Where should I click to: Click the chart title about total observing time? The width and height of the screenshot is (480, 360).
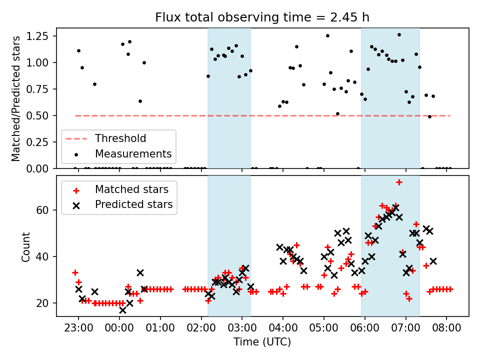click(x=262, y=18)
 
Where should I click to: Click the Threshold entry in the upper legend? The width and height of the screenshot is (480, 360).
click(x=120, y=138)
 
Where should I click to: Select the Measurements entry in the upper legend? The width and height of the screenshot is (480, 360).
click(x=133, y=153)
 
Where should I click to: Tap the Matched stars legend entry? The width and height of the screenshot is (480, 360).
click(x=131, y=189)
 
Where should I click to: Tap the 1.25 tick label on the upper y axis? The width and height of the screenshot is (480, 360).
click(x=41, y=36)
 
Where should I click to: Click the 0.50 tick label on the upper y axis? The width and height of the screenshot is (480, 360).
click(x=41, y=115)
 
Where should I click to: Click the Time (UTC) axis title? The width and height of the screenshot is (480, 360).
click(x=262, y=342)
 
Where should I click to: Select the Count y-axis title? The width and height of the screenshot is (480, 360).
click(x=25, y=246)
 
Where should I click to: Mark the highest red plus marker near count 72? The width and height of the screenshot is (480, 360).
click(x=399, y=182)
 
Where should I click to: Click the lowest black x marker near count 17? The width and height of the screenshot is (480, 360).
click(x=122, y=310)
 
